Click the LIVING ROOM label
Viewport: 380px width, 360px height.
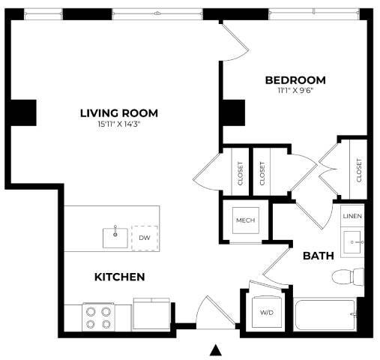click(x=118, y=113)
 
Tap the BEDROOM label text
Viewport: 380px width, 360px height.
click(x=295, y=80)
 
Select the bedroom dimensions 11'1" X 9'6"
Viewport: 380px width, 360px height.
click(x=295, y=91)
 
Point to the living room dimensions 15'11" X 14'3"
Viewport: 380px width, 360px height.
click(x=118, y=124)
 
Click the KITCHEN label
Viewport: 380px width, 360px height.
click(x=118, y=277)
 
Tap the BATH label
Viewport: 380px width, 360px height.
click(x=317, y=256)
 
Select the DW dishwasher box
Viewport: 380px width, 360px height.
click(x=145, y=238)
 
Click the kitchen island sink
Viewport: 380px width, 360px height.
click(x=115, y=238)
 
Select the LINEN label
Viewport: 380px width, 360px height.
click(x=352, y=216)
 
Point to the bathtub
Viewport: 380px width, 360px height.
click(x=328, y=316)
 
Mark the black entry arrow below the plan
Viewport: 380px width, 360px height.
click(x=217, y=349)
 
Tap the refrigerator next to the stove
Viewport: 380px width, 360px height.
click(x=151, y=313)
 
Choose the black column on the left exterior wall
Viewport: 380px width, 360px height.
click(x=23, y=112)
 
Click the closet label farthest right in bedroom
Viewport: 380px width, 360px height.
click(x=359, y=170)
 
